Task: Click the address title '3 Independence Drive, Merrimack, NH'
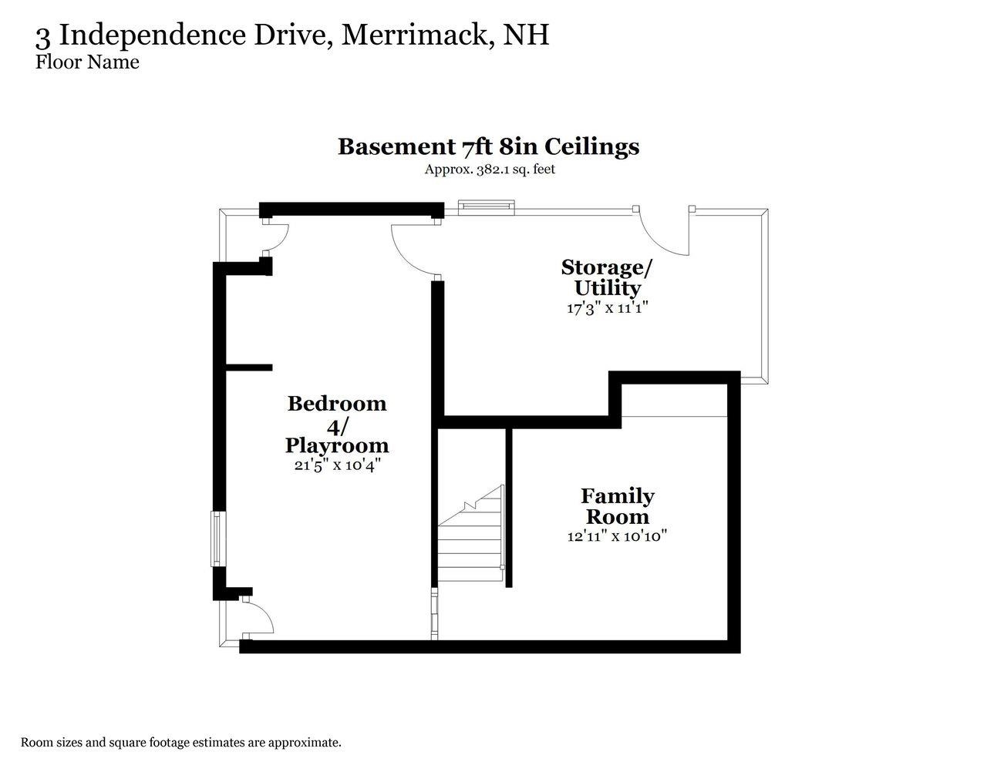pyautogui.click(x=292, y=35)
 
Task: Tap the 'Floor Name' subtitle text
pyautogui.click(x=87, y=62)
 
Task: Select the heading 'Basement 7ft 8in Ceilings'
pyautogui.click(x=489, y=146)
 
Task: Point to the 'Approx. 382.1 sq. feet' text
pyautogui.click(x=490, y=170)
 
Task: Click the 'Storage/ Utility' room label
pyautogui.click(x=607, y=277)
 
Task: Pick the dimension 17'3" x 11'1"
pyautogui.click(x=607, y=307)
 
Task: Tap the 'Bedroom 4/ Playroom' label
pyautogui.click(x=337, y=424)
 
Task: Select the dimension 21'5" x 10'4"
pyautogui.click(x=337, y=465)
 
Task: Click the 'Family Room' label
pyautogui.click(x=617, y=505)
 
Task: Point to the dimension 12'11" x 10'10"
pyautogui.click(x=617, y=535)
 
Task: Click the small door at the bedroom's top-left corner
pyautogui.click(x=275, y=237)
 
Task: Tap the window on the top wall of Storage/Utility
pyautogui.click(x=486, y=205)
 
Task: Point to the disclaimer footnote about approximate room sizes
pyautogui.click(x=180, y=743)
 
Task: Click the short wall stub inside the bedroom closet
pyautogui.click(x=248, y=368)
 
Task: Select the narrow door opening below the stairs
pyautogui.click(x=434, y=613)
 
